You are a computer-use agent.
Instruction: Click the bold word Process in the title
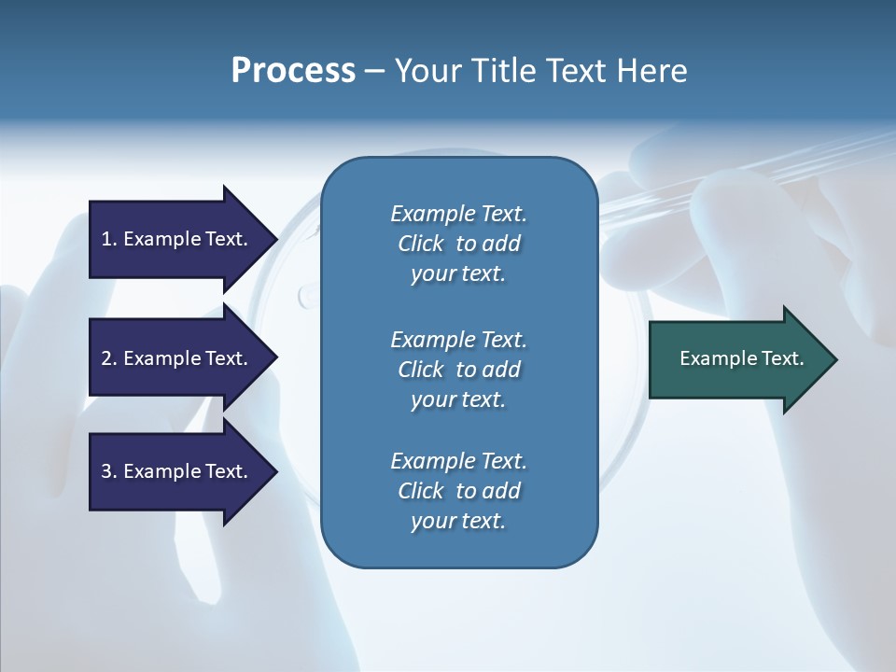click(293, 71)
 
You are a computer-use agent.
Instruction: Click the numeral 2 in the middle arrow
click(106, 358)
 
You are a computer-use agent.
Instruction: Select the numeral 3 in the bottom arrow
click(106, 471)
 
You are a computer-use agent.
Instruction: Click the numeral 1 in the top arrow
click(106, 239)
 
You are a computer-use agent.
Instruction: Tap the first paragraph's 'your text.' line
click(458, 274)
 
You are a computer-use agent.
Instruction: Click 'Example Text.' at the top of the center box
click(458, 214)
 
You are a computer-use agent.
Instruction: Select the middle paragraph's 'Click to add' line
click(458, 370)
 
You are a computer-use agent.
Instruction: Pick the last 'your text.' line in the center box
click(458, 521)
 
